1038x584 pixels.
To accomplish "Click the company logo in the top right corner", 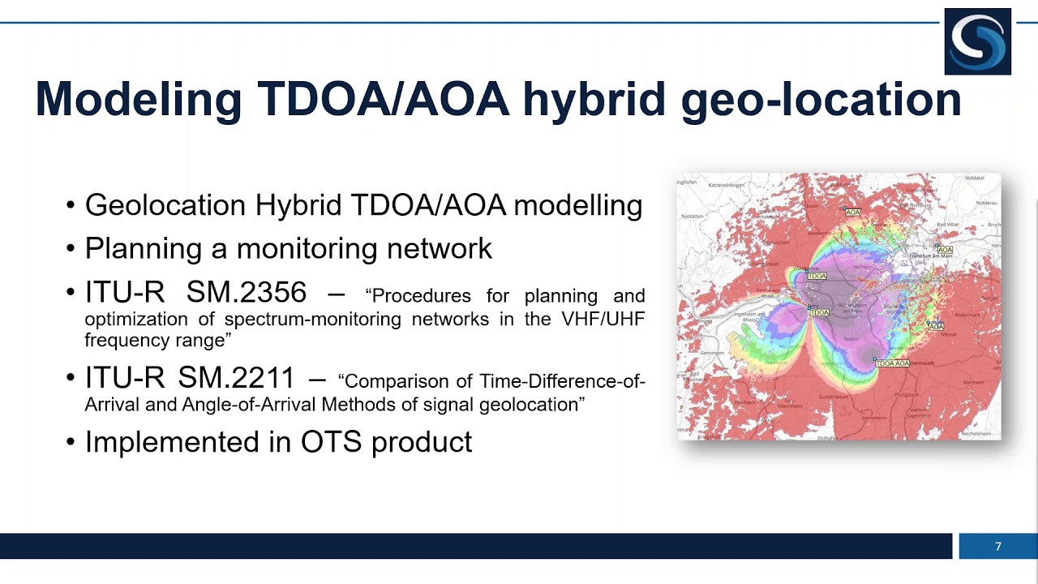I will (x=977, y=41).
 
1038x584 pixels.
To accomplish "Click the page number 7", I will (x=998, y=547).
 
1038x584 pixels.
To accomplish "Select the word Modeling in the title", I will (x=138, y=99).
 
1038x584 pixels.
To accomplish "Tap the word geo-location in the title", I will (x=821, y=99).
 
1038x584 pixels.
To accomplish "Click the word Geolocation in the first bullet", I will (x=166, y=205).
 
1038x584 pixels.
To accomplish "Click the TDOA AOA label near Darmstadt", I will (x=893, y=363).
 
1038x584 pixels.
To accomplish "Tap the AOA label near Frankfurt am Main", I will (x=945, y=250).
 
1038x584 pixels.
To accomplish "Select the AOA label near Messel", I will (x=936, y=327).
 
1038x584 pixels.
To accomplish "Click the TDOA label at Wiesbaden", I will (x=817, y=277).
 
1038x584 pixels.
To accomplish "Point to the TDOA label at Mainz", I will (x=820, y=312).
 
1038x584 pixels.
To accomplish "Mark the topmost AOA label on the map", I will (x=852, y=213).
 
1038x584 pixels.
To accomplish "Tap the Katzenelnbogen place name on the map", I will (x=727, y=185).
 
